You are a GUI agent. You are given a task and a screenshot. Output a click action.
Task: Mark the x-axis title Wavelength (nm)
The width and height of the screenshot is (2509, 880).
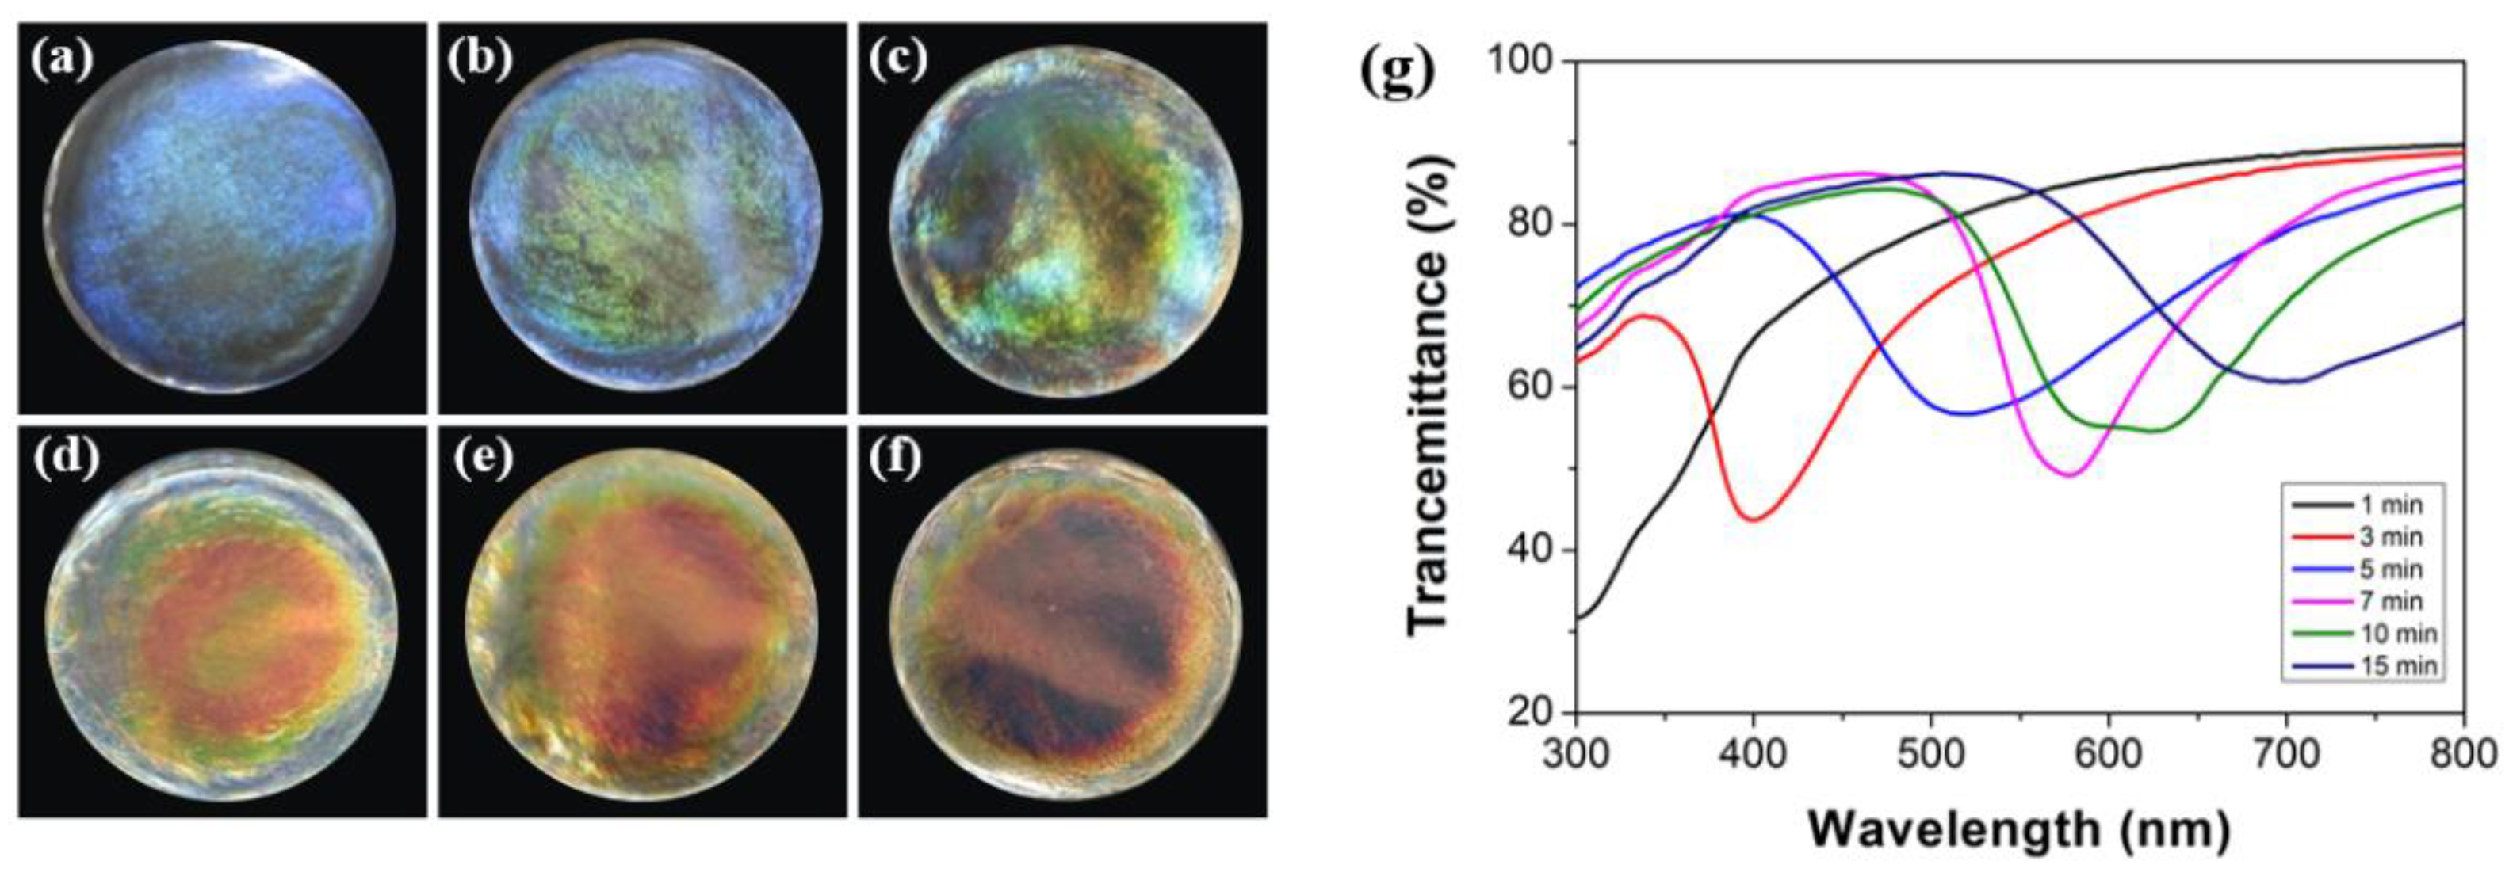(2018, 830)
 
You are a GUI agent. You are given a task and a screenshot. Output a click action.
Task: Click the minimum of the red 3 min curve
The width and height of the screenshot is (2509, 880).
(1754, 520)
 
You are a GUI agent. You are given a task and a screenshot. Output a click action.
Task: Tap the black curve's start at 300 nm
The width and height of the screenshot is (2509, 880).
(1578, 617)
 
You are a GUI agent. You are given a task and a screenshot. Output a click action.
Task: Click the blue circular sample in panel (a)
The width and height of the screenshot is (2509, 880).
(221, 217)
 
